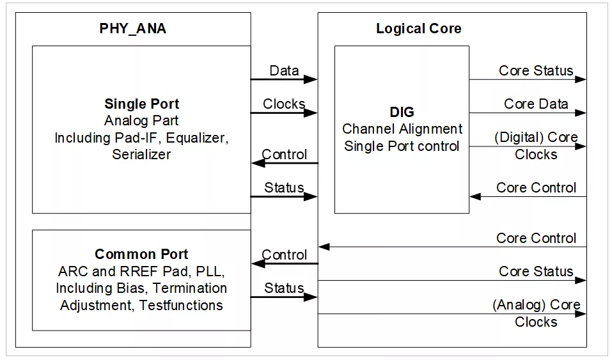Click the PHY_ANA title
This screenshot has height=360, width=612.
tap(133, 29)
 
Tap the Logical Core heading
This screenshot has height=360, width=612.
tap(418, 29)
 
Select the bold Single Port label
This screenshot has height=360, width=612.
tap(142, 104)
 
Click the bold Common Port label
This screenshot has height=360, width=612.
tap(141, 254)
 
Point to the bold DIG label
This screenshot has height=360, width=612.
tap(402, 113)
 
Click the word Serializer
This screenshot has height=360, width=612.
tap(141, 154)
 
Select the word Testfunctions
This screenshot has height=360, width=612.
tap(181, 305)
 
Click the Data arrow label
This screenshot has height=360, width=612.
tap(284, 71)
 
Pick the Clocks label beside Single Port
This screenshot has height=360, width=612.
tap(284, 104)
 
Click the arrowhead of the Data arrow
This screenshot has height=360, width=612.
tap(311, 80)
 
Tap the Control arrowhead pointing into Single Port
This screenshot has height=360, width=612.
tap(258, 163)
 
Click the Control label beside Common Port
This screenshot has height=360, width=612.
tap(284, 254)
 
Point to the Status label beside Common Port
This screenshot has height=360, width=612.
tap(284, 288)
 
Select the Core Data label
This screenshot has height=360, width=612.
tap(536, 104)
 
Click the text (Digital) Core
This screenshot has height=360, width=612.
tap(536, 137)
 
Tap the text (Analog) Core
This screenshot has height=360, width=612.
tap(537, 305)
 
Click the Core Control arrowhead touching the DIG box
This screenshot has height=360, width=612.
tap(475, 196)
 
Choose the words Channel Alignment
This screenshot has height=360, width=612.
tap(402, 129)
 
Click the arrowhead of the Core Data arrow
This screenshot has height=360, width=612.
tap(581, 113)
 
